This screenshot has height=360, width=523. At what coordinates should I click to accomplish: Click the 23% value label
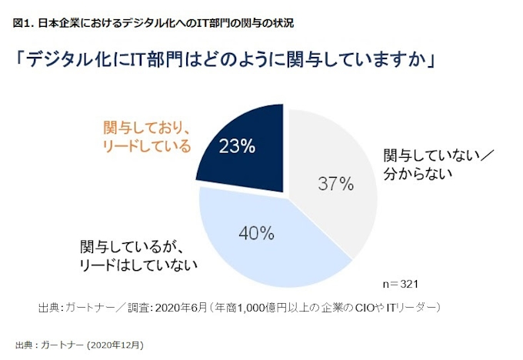237,146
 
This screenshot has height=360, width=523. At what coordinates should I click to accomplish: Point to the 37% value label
335,185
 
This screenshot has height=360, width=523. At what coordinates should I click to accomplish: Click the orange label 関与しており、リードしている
146,136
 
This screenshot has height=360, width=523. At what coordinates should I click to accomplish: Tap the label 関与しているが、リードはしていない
139,256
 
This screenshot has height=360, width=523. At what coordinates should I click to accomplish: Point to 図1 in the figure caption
23,22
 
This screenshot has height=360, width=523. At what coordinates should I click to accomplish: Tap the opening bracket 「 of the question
19,60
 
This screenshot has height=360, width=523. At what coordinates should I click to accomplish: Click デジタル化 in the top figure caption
175,22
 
